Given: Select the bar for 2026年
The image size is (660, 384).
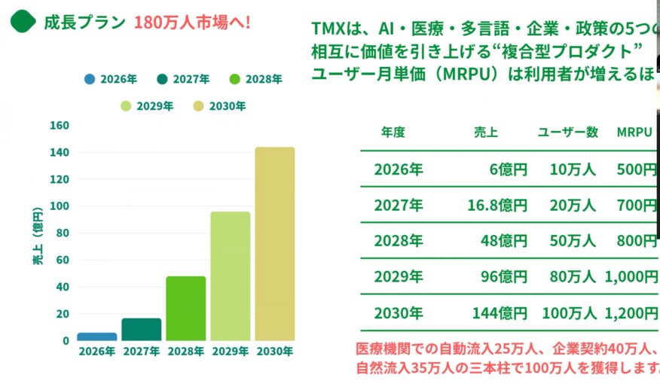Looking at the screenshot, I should click(97, 337).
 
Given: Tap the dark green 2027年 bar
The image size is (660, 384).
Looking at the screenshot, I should click(142, 329).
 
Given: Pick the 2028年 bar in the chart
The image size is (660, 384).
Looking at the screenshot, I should click(185, 308).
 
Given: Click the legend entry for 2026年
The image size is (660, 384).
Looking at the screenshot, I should click(110, 79).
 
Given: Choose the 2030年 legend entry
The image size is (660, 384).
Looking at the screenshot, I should click(219, 106).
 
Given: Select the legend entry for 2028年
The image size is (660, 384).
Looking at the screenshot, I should click(256, 79).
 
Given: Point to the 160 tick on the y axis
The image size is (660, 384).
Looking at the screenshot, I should click(60, 125).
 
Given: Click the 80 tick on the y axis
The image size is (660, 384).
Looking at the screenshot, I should click(63, 233).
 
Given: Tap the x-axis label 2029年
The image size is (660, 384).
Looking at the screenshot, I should click(230, 351).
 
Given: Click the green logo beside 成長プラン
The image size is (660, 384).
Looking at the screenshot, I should click(23, 21).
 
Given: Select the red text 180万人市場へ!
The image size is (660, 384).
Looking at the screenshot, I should click(192, 22).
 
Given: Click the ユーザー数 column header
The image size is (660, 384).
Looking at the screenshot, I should click(567, 133).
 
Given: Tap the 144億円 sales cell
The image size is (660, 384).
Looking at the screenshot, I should click(500, 312).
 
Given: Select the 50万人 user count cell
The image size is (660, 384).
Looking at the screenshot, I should click(573, 241).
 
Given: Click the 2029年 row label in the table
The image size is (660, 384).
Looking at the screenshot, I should click(399, 276).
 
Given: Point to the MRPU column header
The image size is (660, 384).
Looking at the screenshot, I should click(634, 133).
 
